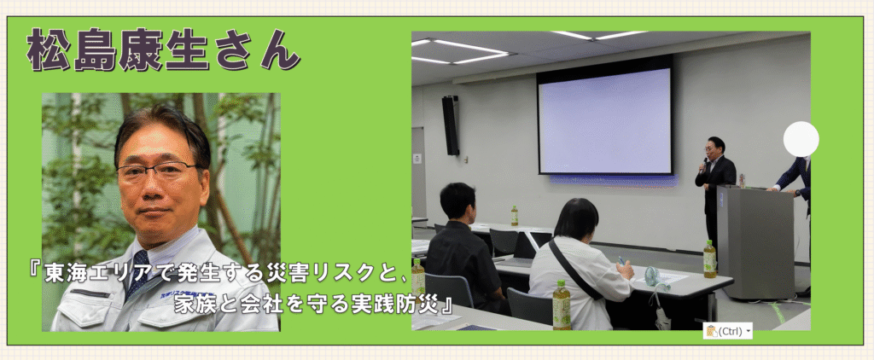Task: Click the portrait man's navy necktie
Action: tap(136, 274)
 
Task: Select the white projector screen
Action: tap(605, 120)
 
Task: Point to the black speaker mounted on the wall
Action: tap(451, 125)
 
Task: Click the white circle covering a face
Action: tap(801, 139)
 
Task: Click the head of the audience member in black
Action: tap(457, 200)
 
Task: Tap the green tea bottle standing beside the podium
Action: tap(709, 259)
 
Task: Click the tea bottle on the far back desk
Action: tap(515, 216)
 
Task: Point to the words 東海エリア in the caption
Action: tap(94, 275)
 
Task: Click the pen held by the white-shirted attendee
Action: tap(621, 260)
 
